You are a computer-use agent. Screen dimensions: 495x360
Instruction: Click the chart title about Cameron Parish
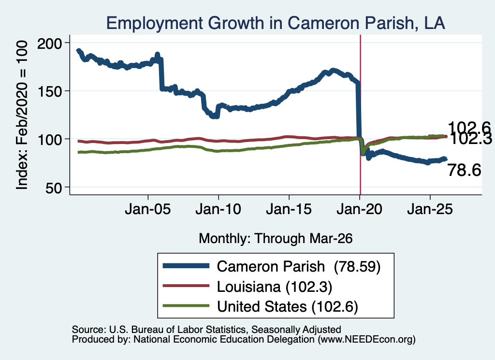pos(276,23)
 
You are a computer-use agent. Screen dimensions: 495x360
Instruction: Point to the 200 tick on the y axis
pos(50,43)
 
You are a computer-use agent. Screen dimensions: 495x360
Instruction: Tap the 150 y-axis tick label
pos(50,91)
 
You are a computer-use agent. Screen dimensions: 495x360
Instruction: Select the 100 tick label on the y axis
pos(50,140)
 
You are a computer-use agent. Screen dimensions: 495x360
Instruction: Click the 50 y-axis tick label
pos(54,188)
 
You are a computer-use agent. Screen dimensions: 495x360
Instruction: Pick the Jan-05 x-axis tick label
pos(148,209)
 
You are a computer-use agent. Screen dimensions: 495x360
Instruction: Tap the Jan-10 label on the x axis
pos(218,209)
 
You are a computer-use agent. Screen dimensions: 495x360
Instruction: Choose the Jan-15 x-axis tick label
pos(289,209)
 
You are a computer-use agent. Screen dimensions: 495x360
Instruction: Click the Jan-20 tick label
pos(359,209)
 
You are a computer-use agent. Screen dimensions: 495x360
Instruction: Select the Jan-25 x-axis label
pos(430,209)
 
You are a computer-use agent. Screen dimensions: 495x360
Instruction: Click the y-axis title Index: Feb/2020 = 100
pos(22,115)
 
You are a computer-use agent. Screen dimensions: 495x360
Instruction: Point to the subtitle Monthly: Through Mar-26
pos(276,239)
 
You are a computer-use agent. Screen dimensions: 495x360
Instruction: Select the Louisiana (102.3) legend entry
pos(275,287)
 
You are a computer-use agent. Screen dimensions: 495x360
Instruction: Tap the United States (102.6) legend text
pos(287,307)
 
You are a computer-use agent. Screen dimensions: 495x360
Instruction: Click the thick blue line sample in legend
pos(186,266)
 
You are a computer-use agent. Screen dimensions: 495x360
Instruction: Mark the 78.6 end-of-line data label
pos(464,171)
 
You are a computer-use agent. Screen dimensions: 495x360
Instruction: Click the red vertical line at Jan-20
pos(360,115)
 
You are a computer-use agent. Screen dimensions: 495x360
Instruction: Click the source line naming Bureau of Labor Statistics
pos(206,330)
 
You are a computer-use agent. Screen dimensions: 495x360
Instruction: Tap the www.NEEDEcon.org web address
pos(366,340)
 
